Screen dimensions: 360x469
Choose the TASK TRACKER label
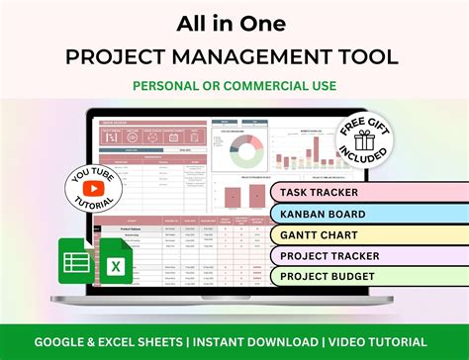pos(331,193)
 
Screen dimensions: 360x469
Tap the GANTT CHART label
pos(333,235)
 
